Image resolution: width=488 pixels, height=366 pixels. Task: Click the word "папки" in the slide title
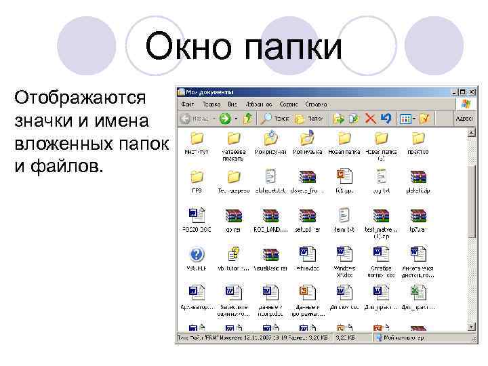pos(293,47)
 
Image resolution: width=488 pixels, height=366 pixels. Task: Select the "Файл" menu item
pos(188,104)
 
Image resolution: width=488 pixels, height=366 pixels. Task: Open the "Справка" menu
pos(316,104)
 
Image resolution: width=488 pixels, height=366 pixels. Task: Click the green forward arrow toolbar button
pos(224,118)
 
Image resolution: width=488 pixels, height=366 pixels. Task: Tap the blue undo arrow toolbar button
pos(386,118)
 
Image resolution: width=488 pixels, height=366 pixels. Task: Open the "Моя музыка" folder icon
pos(306,138)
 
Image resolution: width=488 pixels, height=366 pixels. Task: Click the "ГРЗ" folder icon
pos(197,178)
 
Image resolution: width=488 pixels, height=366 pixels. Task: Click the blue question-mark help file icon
pos(197,255)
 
